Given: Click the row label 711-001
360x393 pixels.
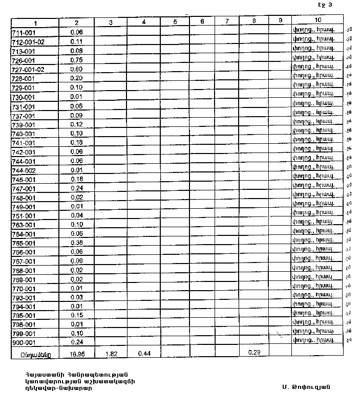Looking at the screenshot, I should (x=23, y=32).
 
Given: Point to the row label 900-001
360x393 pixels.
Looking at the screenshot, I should (x=23, y=342).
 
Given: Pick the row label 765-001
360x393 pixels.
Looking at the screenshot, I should (x=23, y=243).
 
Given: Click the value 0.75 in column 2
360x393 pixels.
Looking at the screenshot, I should (x=76, y=60).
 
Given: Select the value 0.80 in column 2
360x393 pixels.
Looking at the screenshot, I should (x=76, y=69).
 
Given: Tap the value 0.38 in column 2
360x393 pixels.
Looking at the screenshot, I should (x=76, y=243).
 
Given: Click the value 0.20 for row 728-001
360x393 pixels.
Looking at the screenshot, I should (x=76, y=78).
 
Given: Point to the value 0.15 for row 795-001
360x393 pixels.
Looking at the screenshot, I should (x=76, y=315).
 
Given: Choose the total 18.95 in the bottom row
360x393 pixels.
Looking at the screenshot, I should (x=76, y=354).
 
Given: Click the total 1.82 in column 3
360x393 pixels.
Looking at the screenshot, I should (x=111, y=353).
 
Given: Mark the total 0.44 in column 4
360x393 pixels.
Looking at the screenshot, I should (x=144, y=353).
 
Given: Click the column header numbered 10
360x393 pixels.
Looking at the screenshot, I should (x=318, y=20).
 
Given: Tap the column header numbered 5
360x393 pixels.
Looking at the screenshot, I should (x=175, y=22).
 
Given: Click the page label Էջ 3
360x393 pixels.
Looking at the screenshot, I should (x=325, y=5).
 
